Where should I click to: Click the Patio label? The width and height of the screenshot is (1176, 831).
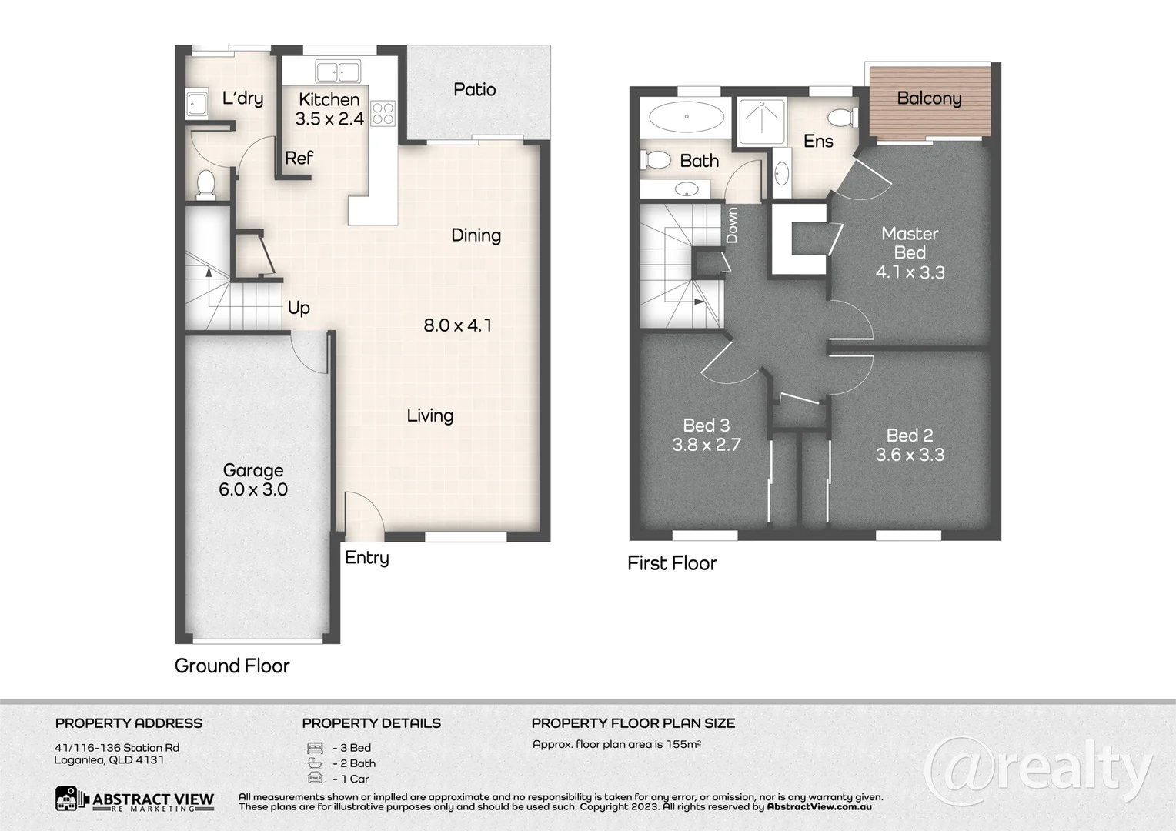tap(474, 89)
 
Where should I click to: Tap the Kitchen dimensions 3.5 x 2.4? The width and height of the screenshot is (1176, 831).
tap(329, 118)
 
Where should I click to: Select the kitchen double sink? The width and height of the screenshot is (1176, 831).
tap(337, 72)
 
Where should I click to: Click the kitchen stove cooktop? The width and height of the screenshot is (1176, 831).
tap(383, 113)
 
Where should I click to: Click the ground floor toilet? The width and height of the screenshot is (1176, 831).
tap(205, 185)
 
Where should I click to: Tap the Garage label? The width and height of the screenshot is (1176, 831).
tap(253, 470)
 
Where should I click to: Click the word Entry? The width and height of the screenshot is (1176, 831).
tap(366, 558)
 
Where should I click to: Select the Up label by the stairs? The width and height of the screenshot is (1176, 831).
tap(299, 308)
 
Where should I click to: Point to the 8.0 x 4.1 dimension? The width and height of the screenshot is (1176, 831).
tap(457, 325)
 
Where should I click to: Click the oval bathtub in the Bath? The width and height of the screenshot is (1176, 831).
tap(686, 118)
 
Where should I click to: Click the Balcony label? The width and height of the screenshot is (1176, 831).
tap(929, 98)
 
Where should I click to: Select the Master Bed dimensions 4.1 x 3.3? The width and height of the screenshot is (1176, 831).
tap(910, 272)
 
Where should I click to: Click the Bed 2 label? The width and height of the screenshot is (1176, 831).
tap(910, 436)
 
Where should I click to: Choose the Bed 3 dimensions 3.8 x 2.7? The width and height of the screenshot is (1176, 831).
tap(706, 445)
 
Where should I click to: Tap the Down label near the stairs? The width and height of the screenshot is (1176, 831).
tap(732, 225)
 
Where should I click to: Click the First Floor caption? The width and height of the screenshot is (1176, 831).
tap(671, 563)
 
